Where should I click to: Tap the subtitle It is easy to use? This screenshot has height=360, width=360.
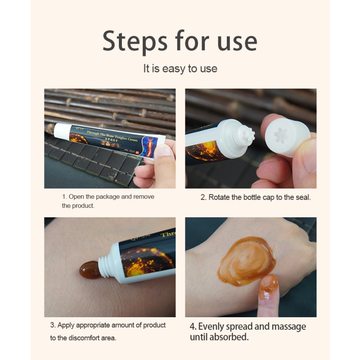tap(180, 69)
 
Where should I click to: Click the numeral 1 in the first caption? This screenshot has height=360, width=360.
tap(64, 197)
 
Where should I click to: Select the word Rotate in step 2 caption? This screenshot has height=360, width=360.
tap(219, 197)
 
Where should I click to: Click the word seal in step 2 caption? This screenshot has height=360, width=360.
tap(301, 197)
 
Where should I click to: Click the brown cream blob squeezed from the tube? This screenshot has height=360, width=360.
tap(90, 270)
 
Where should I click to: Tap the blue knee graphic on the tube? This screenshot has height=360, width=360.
tap(148, 146)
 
